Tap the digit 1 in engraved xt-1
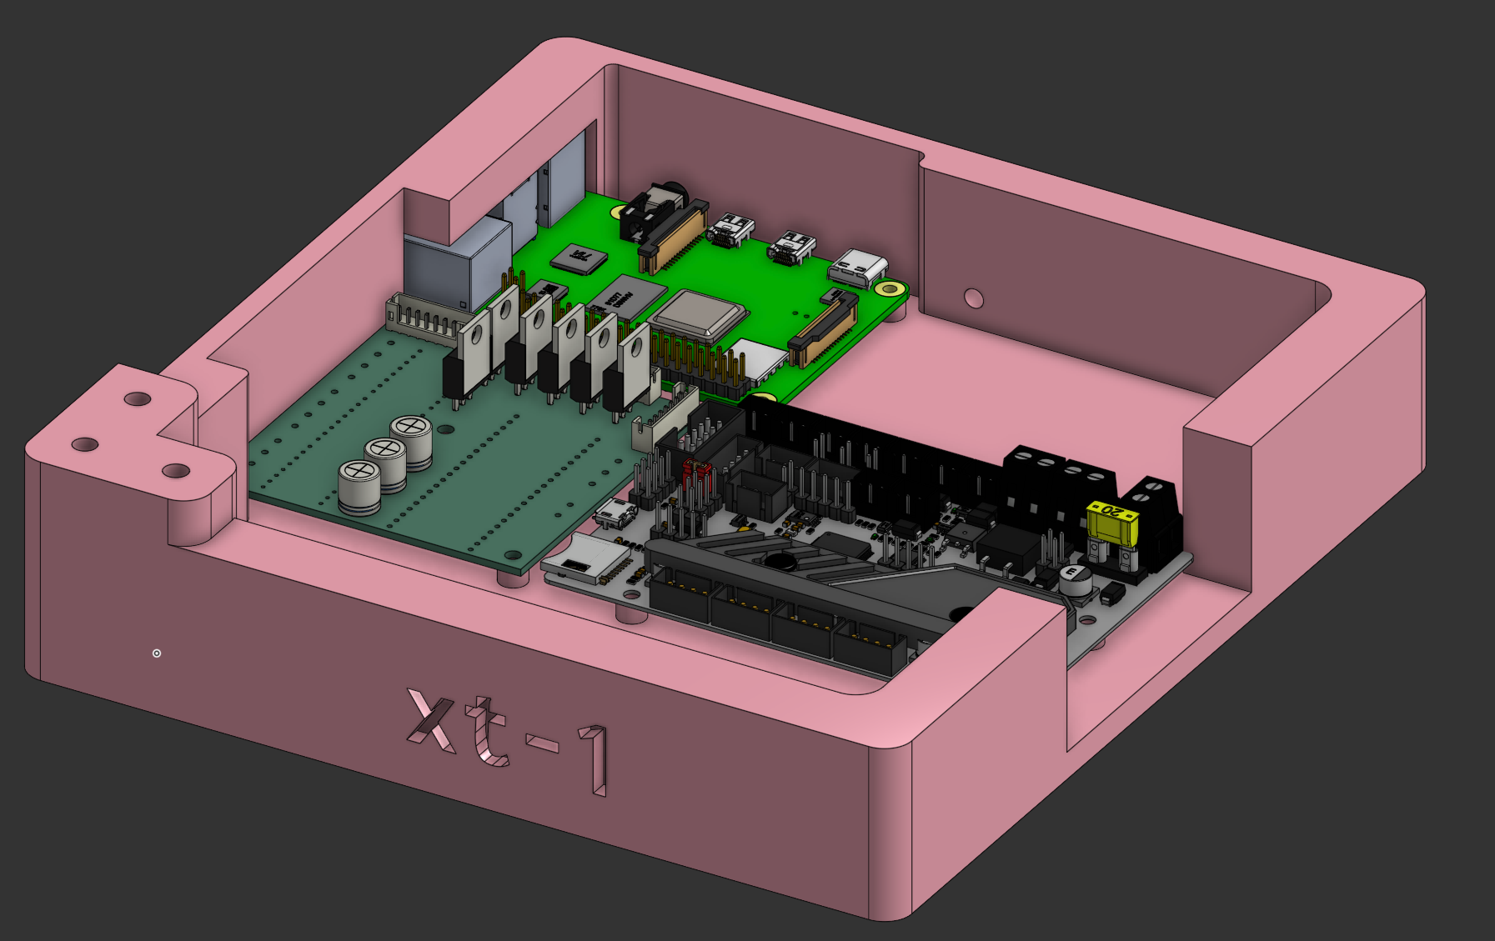(x=596, y=758)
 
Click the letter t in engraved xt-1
(x=488, y=733)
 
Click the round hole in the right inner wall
(x=973, y=298)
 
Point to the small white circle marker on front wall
(x=157, y=653)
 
